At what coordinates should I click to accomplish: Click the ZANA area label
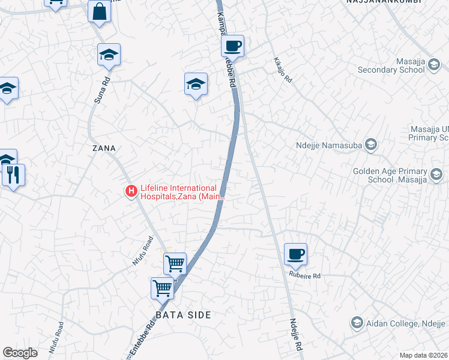click(104, 148)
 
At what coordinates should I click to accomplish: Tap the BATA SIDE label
click(183, 315)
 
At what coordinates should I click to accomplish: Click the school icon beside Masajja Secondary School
click(435, 70)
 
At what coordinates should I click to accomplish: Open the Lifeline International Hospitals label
click(182, 191)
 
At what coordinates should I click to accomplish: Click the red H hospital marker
click(130, 191)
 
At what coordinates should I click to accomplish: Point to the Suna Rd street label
click(100, 90)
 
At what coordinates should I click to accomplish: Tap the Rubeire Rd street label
click(305, 276)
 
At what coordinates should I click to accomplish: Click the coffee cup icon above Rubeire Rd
click(295, 254)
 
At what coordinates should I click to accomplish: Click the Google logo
click(20, 353)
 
